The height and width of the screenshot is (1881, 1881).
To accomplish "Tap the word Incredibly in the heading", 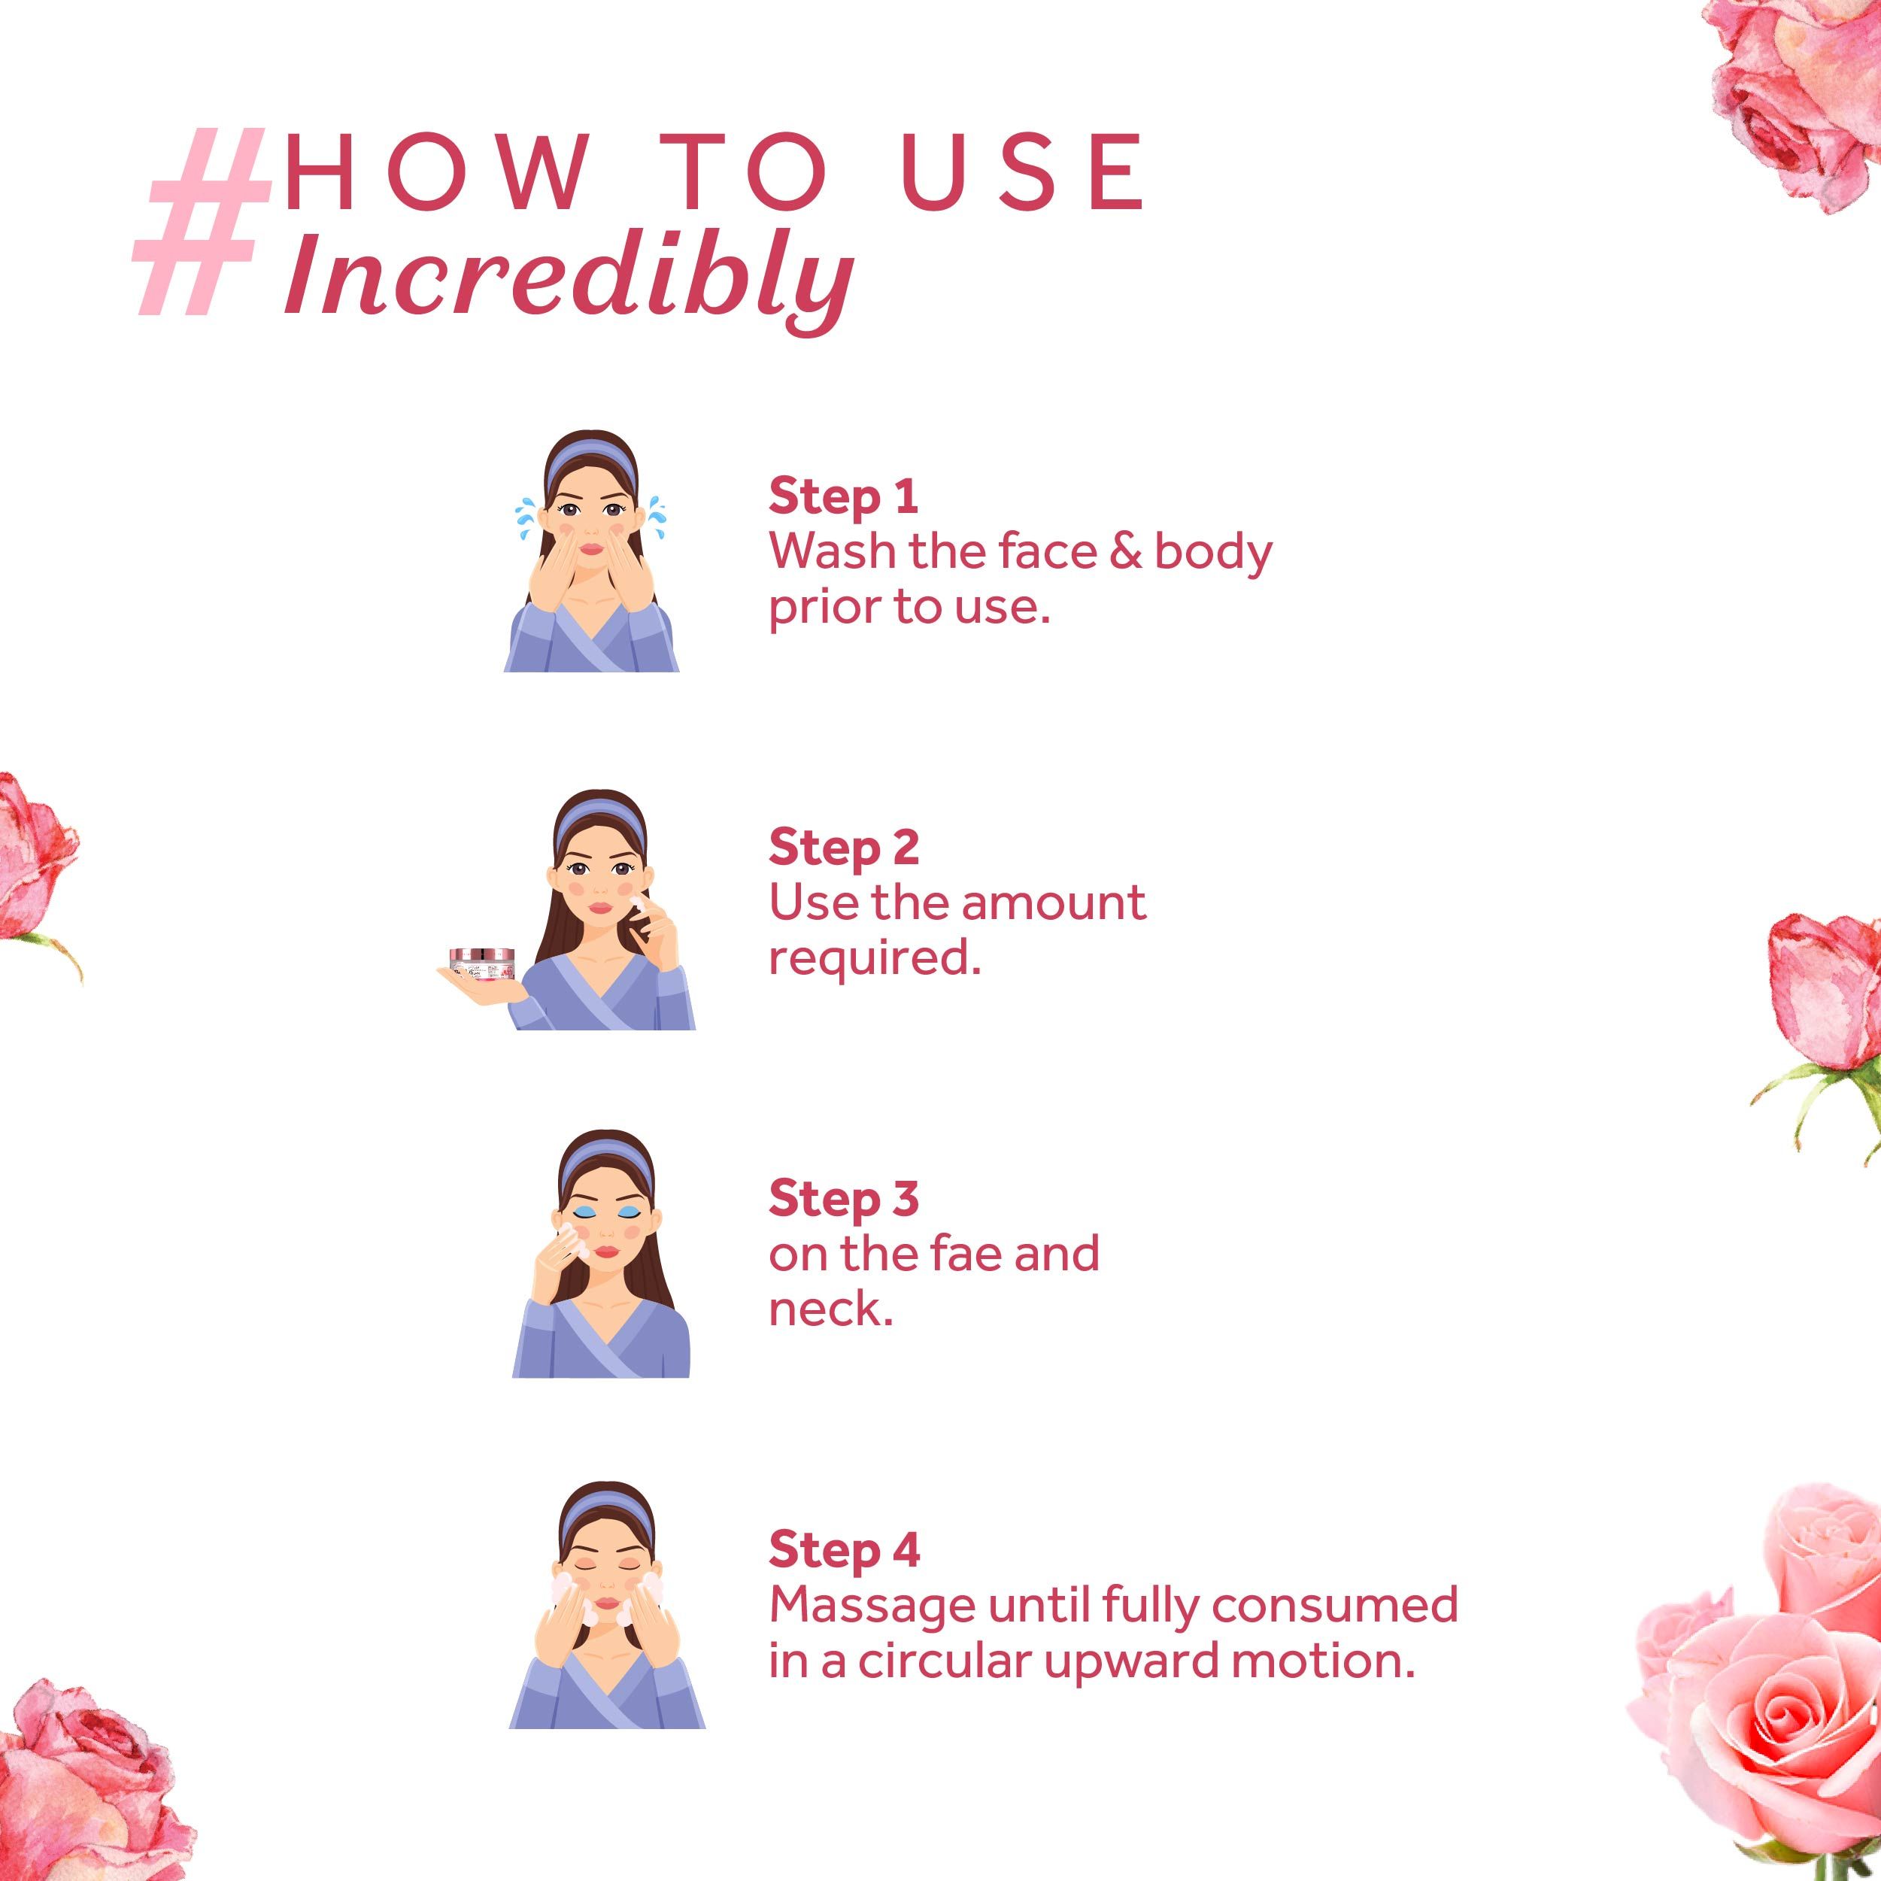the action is [569, 278].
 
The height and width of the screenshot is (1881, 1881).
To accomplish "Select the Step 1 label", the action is [843, 496].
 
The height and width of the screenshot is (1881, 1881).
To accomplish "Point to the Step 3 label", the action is [843, 1200].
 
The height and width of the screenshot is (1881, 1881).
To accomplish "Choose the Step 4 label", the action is [843, 1550].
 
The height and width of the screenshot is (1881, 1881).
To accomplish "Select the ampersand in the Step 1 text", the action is [1124, 552].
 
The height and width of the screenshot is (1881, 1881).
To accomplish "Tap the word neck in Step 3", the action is [830, 1309].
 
